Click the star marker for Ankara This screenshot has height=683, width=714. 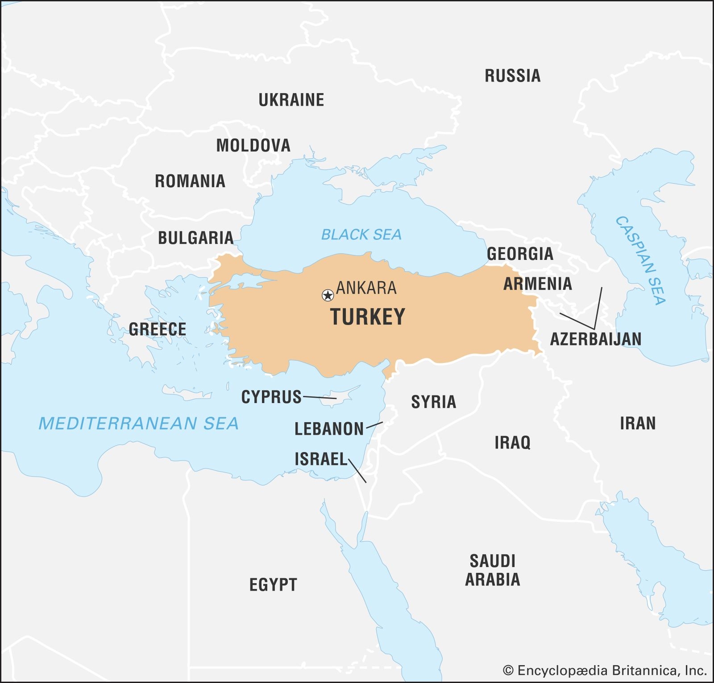(x=328, y=295)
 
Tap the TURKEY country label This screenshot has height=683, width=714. (x=368, y=317)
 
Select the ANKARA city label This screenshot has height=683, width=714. (x=366, y=288)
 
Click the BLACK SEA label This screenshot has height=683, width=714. (x=361, y=235)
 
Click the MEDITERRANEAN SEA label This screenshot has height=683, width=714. (x=138, y=424)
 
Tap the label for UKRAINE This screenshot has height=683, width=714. (x=291, y=100)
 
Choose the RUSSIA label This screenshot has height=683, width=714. (x=512, y=76)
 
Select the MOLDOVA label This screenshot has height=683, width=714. (x=253, y=145)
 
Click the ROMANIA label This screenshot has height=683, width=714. (x=190, y=181)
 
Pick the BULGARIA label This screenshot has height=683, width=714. (x=195, y=238)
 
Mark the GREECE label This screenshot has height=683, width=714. (x=158, y=329)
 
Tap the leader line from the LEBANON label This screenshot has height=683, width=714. (x=374, y=425)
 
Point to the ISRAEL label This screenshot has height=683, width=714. (x=320, y=459)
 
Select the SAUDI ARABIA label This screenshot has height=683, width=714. (x=493, y=570)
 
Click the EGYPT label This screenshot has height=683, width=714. (x=273, y=585)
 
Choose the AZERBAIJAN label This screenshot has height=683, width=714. (x=595, y=339)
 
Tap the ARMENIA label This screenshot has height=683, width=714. (x=537, y=284)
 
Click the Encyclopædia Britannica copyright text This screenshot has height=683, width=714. (x=604, y=670)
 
